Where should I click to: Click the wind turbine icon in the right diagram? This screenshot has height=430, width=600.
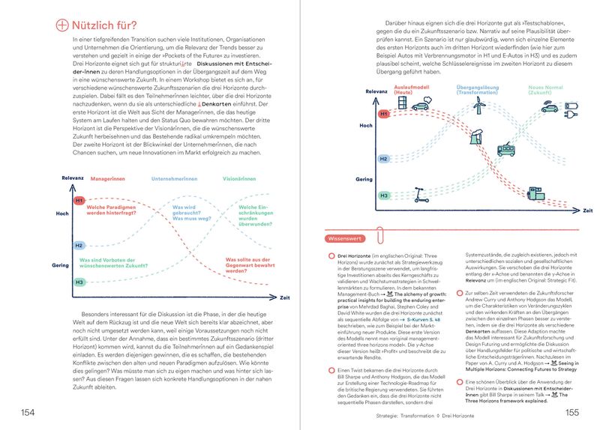478,109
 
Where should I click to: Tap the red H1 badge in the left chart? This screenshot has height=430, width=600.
79,201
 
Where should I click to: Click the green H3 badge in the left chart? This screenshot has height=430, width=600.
79,282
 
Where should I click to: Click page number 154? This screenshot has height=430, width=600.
27,411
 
